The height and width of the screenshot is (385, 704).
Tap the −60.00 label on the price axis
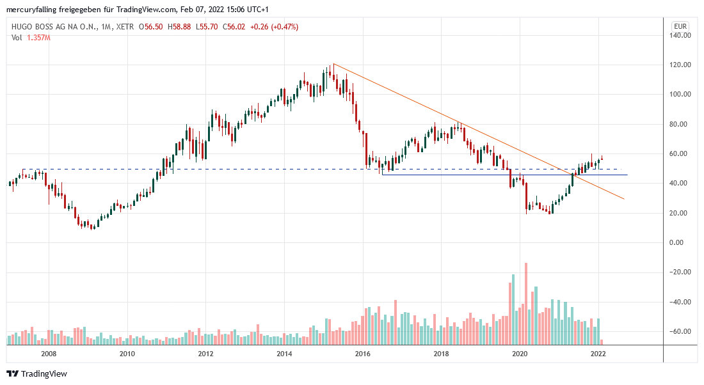tap(681, 331)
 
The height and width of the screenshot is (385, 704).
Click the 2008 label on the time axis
tap(49, 354)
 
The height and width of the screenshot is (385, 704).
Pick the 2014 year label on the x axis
tap(284, 354)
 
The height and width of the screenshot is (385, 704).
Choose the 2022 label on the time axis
tap(598, 354)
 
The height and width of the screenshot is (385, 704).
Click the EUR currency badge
tap(680, 26)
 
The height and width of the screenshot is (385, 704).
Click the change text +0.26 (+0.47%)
tap(275, 27)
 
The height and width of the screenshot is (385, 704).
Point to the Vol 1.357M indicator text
tap(31, 38)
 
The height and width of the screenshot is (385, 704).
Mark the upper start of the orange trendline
tap(333, 64)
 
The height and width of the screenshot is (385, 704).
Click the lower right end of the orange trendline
tap(623, 199)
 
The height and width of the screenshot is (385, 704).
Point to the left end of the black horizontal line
tap(382, 175)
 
